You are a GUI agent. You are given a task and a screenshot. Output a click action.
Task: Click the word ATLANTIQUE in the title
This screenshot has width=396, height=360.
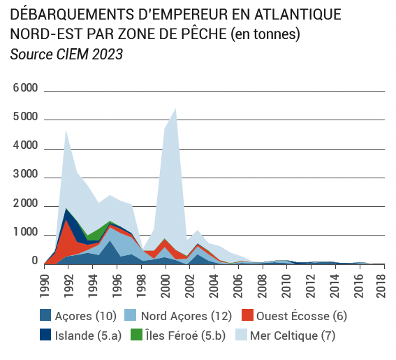click(x=298, y=14)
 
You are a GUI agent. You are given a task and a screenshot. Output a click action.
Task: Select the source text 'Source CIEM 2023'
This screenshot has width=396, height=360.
click(x=66, y=55)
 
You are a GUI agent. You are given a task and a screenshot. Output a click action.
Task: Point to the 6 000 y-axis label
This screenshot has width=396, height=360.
click(x=25, y=88)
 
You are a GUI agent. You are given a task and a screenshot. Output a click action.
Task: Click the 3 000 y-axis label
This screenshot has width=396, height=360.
click(x=25, y=175)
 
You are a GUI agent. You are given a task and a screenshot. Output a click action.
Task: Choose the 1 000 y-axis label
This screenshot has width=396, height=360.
click(x=25, y=232)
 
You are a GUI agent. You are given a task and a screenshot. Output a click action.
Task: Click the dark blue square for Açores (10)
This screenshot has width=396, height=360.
click(x=45, y=315)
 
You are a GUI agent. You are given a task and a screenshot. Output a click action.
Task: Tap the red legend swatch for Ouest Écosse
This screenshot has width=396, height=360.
click(x=247, y=315)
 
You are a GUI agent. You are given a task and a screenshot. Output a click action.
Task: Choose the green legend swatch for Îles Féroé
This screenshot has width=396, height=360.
click(x=137, y=334)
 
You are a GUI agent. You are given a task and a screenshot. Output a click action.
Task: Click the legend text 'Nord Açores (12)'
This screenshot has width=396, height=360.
click(x=186, y=316)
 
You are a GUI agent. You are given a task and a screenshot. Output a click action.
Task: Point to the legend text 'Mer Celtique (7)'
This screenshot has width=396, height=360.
click(x=293, y=336)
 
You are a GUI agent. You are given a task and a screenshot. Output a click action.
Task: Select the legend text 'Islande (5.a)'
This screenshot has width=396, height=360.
click(x=89, y=336)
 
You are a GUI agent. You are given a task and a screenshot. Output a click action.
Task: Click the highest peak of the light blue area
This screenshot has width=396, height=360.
click(x=175, y=109)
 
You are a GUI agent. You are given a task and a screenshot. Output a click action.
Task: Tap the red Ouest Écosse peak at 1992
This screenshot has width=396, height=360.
click(x=66, y=220)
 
